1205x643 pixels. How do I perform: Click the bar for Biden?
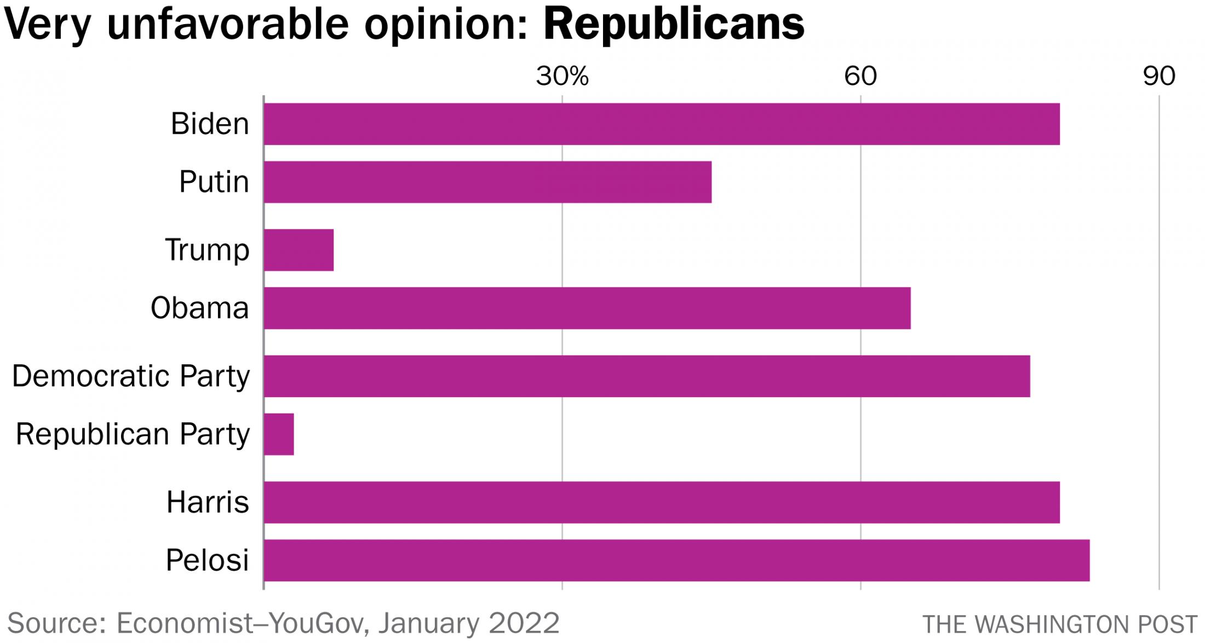(662, 124)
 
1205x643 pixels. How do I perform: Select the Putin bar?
(487, 182)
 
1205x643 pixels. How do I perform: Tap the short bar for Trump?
(299, 250)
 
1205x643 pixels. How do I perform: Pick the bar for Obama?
(587, 308)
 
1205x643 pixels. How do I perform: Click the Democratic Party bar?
(647, 376)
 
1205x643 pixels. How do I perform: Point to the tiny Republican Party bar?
(279, 434)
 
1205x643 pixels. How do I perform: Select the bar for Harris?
(662, 502)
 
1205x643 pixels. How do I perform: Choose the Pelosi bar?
(676, 560)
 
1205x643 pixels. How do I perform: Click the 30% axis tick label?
(563, 76)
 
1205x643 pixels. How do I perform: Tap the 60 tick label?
(860, 76)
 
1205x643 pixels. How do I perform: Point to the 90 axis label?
(1159, 76)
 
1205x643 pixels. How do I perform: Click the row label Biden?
(210, 124)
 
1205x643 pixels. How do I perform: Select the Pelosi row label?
(208, 560)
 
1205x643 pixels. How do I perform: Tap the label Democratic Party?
(131, 376)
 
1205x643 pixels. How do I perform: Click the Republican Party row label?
(133, 434)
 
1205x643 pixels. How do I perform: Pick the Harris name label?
(208, 502)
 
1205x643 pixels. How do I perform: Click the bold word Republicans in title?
(674, 24)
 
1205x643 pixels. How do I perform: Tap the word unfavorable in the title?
(228, 24)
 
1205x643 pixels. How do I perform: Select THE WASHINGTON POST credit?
(1060, 624)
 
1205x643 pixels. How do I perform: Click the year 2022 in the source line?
(524, 623)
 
